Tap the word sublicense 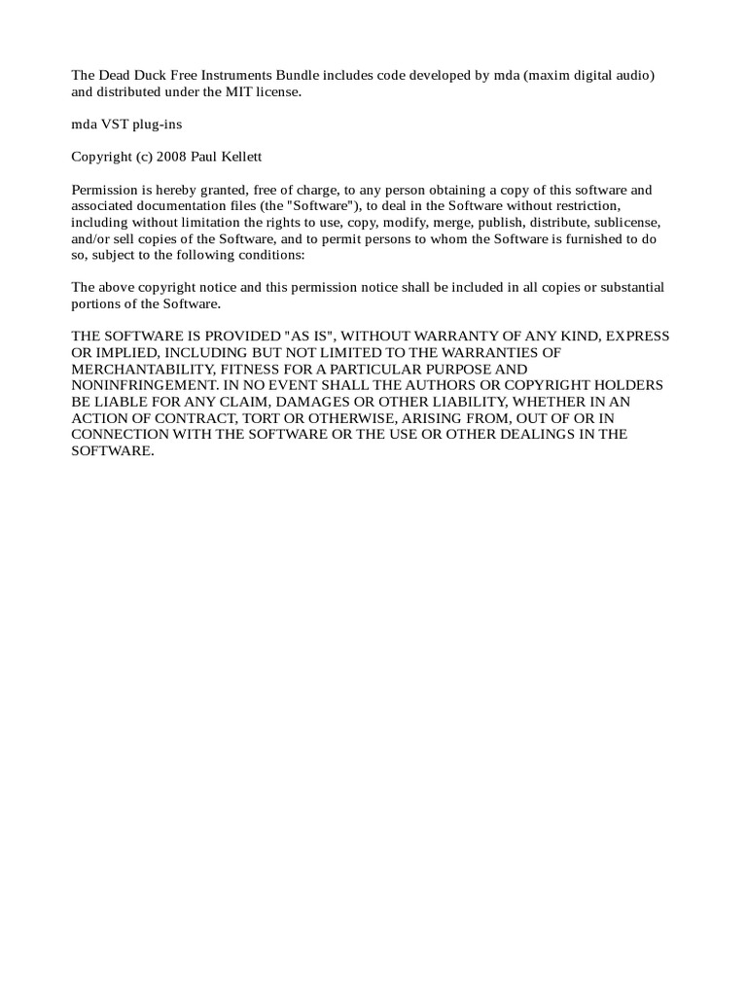coord(625,223)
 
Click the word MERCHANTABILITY coord(142,369)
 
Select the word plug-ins coord(160,124)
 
